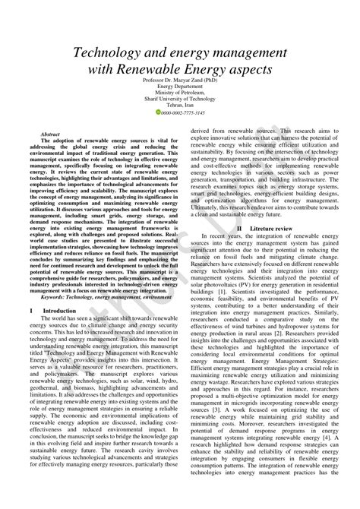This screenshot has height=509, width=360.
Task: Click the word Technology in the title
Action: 112,55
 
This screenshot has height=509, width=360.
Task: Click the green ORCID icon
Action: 158,112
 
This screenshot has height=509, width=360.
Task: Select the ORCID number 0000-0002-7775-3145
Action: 183,112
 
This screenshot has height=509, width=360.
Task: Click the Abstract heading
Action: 50,132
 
